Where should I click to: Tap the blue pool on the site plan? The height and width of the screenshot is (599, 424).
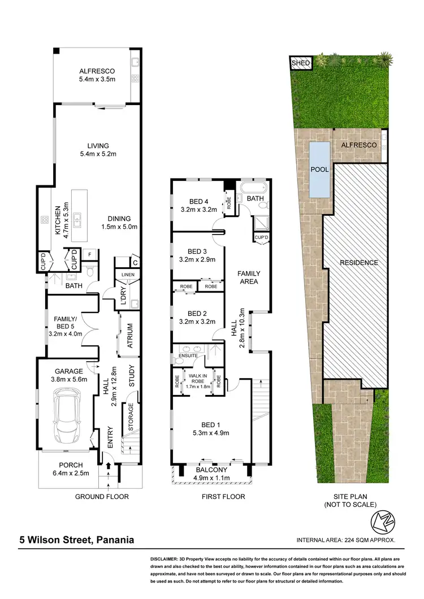pyautogui.click(x=320, y=169)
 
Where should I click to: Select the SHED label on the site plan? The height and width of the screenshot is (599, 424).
pyautogui.click(x=300, y=63)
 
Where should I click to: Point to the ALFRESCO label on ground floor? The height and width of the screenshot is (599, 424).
pyautogui.click(x=97, y=72)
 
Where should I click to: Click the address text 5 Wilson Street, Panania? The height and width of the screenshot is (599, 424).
pyautogui.click(x=75, y=540)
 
